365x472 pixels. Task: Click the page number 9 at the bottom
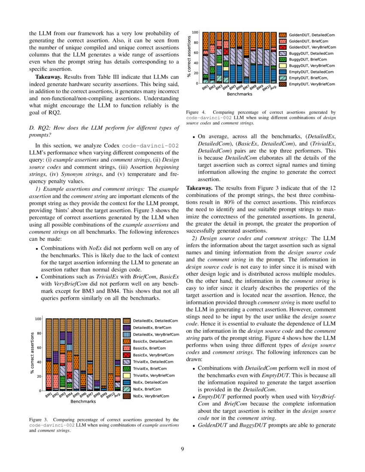pyautogui.click(x=182, y=449)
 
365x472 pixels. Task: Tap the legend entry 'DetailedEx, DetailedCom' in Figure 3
pyautogui.click(x=155, y=321)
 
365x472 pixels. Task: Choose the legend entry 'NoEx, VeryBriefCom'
pyautogui.click(x=151, y=396)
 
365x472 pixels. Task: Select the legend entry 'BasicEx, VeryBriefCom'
pyautogui.click(x=153, y=355)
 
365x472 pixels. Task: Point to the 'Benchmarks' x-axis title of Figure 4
pyautogui.click(x=240, y=93)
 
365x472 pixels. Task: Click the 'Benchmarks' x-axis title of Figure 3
pyautogui.click(x=83, y=402)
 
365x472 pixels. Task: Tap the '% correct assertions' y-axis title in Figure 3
pyautogui.click(x=32, y=353)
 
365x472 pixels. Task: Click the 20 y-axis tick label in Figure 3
pyautogui.click(x=39, y=376)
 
